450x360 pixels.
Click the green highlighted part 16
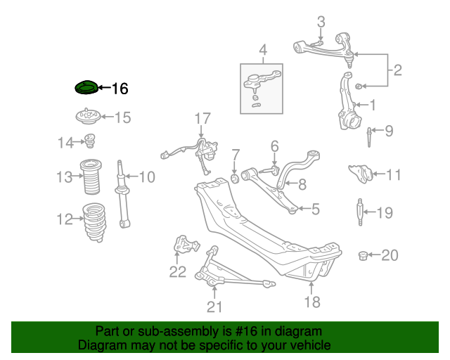86,88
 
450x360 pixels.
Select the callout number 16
120,89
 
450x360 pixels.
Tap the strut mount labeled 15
86,117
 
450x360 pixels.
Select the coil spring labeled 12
93,222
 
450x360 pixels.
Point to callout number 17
202,117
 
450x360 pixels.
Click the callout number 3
321,21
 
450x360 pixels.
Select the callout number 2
397,70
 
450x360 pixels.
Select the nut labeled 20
364,255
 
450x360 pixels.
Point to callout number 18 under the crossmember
311,302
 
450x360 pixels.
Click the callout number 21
214,306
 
